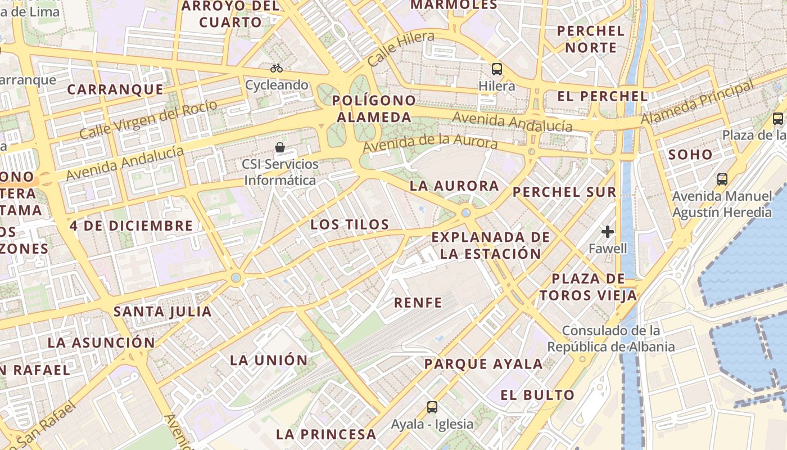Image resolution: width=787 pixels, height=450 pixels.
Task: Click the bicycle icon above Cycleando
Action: point(277,69)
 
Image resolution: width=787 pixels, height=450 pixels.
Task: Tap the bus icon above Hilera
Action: point(497,69)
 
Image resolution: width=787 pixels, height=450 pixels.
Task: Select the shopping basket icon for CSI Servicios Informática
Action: point(280,148)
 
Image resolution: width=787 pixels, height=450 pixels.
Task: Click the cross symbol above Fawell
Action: point(607,231)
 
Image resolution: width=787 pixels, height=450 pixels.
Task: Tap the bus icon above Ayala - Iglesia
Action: point(432,407)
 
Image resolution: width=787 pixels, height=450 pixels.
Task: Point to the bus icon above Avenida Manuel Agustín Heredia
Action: point(722,179)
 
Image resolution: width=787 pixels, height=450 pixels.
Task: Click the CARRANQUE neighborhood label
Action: point(115,90)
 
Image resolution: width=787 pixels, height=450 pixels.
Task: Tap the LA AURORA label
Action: point(454,186)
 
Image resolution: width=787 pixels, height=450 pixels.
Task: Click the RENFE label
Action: point(418,303)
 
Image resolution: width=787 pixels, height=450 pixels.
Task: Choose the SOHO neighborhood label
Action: point(690,155)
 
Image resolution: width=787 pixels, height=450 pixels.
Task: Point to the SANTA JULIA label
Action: point(162,312)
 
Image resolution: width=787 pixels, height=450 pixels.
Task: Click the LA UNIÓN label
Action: point(269,361)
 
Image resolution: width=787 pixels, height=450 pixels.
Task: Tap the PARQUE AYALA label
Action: point(483,364)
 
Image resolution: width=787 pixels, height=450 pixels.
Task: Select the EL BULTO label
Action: point(537,395)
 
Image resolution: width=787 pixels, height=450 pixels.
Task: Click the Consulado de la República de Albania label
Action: point(611,339)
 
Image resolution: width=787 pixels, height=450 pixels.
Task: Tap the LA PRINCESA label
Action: point(326,434)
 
